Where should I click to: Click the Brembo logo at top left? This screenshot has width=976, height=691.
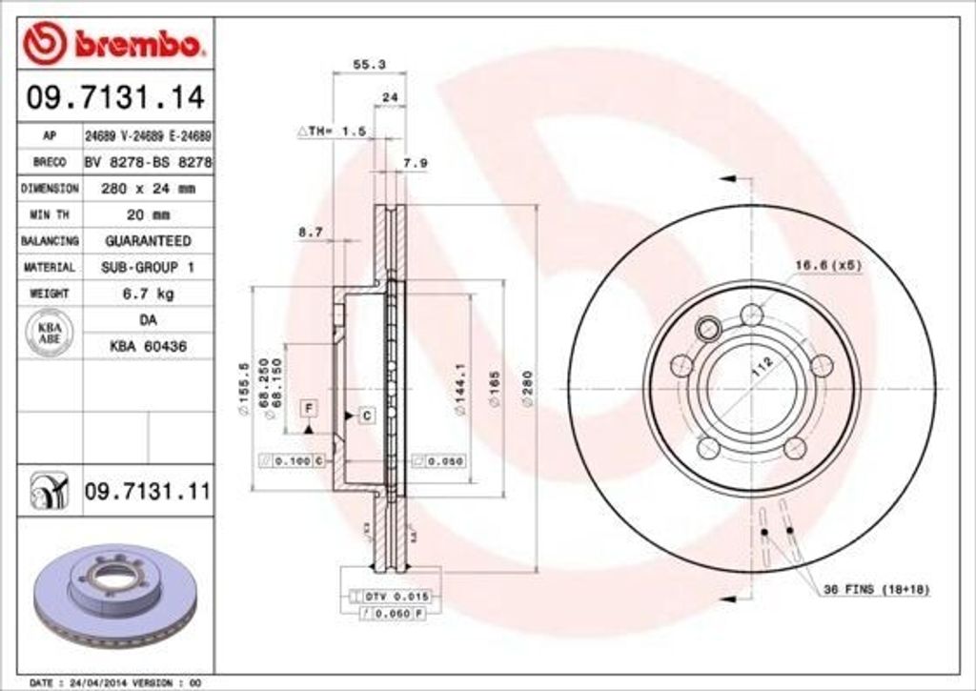pyautogui.click(x=115, y=42)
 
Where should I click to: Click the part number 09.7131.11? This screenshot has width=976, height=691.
pyautogui.click(x=147, y=492)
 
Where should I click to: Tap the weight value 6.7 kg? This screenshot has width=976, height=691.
pyautogui.click(x=148, y=294)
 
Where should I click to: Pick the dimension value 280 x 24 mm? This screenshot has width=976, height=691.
pyautogui.click(x=148, y=189)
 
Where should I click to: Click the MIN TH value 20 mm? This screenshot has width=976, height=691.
pyautogui.click(x=148, y=214)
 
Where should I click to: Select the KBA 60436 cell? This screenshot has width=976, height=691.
pyautogui.click(x=148, y=346)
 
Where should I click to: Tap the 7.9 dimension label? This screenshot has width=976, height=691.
pyautogui.click(x=416, y=163)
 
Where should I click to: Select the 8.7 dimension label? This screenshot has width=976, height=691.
pyautogui.click(x=310, y=232)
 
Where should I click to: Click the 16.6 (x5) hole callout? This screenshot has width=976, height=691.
pyautogui.click(x=828, y=264)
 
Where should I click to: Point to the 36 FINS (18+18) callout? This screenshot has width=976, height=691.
pyautogui.click(x=876, y=590)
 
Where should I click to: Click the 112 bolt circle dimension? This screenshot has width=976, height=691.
pyautogui.click(x=760, y=369)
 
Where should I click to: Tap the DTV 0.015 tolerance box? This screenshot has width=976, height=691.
pyautogui.click(x=397, y=596)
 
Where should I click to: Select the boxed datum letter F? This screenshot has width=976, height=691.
pyautogui.click(x=309, y=408)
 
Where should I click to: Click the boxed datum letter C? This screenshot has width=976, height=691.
pyautogui.click(x=366, y=415)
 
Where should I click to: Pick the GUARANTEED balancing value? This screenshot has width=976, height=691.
pyautogui.click(x=148, y=241)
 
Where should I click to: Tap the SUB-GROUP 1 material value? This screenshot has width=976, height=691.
pyautogui.click(x=148, y=268)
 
